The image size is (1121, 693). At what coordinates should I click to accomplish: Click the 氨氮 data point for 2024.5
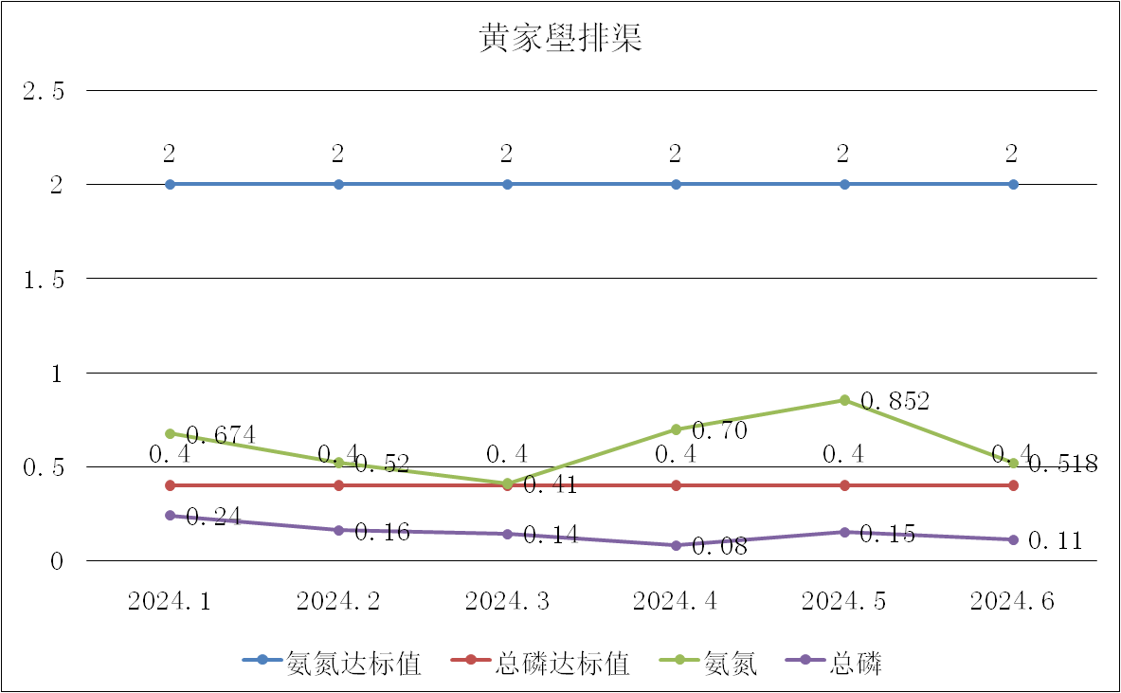pyautogui.click(x=844, y=400)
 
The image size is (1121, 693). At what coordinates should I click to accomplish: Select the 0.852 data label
pyautogui.click(x=895, y=401)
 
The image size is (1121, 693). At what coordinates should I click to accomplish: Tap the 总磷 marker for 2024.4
pyautogui.click(x=676, y=545)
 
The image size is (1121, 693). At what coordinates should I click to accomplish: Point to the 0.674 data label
pyautogui.click(x=221, y=435)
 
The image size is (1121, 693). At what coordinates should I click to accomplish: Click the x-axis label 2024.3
pyautogui.click(x=507, y=601)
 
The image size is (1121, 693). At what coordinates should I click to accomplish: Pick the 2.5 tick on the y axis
pyautogui.click(x=45, y=91)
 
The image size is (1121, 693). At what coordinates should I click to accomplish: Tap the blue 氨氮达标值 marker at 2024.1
pyautogui.click(x=171, y=184)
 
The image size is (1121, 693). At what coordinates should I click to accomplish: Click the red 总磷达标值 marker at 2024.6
pyautogui.click(x=1013, y=485)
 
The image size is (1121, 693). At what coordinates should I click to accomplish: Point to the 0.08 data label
pyautogui.click(x=719, y=547)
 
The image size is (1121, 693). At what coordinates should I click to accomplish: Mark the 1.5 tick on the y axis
pyautogui.click(x=45, y=279)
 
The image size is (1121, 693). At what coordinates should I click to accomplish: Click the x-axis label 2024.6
pyautogui.click(x=1013, y=601)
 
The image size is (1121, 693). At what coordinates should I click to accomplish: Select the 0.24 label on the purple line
pyautogui.click(x=213, y=517)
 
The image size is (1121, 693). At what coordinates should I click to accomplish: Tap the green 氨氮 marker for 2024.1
pyautogui.click(x=171, y=433)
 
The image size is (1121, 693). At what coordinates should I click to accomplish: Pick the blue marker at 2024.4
pyautogui.click(x=676, y=184)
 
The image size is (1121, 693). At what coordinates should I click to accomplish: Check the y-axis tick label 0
pyautogui.click(x=58, y=561)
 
